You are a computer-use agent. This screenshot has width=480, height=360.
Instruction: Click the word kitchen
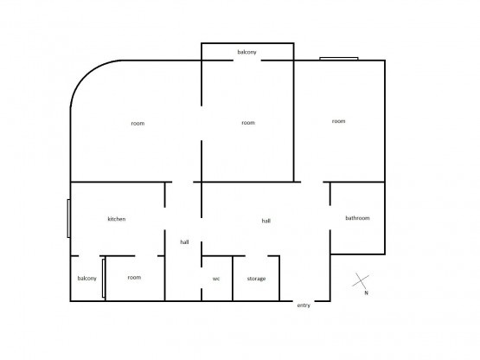tap(117, 219)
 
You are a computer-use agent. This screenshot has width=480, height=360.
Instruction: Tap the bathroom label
tap(357, 218)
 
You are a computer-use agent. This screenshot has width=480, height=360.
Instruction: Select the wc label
tap(216, 279)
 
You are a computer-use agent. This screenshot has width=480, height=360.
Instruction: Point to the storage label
tap(256, 279)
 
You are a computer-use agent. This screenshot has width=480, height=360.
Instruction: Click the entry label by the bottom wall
tap(304, 305)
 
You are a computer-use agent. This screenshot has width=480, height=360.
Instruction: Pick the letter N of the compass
tap(366, 292)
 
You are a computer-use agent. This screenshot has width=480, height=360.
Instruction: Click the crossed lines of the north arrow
tap(361, 280)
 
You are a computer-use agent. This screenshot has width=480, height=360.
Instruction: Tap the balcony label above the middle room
tap(246, 52)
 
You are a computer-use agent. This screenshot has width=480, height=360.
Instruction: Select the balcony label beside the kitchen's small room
tap(87, 278)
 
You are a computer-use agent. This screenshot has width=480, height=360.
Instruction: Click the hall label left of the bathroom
tap(266, 221)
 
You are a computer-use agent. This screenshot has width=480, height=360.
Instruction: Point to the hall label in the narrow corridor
tap(184, 242)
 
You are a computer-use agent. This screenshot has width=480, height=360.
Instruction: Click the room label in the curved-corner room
tap(138, 124)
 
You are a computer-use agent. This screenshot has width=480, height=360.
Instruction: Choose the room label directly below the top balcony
tap(248, 123)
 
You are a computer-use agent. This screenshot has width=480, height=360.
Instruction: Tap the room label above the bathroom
tap(338, 121)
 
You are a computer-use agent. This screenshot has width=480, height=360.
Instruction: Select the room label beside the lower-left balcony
tap(134, 277)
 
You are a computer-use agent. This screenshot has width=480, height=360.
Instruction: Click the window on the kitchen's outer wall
tap(69, 218)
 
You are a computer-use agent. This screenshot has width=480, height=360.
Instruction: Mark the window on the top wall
tap(339, 59)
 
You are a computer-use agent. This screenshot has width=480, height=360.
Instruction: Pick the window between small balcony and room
tap(104, 278)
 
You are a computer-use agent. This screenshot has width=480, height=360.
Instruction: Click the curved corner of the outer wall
tap(86, 75)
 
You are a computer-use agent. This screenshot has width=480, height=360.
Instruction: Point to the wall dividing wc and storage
tap(233, 279)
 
